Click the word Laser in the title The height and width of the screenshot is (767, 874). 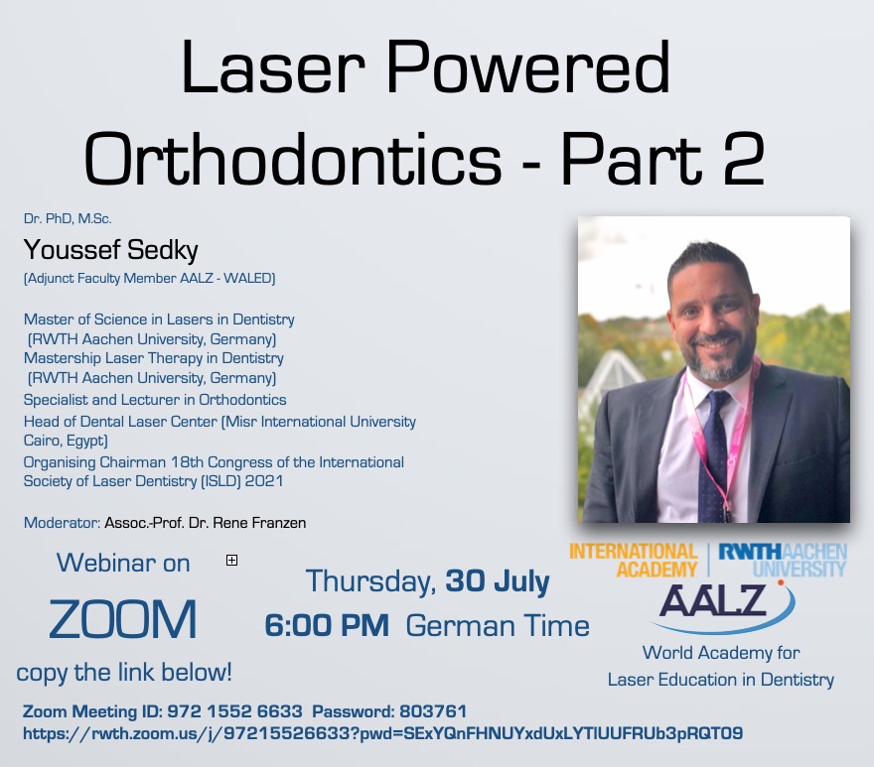click(x=272, y=67)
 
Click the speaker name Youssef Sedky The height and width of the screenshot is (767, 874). click(x=110, y=249)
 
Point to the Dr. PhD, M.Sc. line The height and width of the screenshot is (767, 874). click(x=68, y=218)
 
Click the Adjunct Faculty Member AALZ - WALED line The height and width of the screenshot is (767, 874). click(x=149, y=278)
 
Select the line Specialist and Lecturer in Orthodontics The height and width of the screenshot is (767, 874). click(x=155, y=399)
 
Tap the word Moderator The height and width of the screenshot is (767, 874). click(x=62, y=523)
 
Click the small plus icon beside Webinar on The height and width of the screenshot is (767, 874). click(x=231, y=560)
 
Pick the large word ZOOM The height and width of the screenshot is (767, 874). click(x=122, y=619)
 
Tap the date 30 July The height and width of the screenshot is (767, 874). click(x=498, y=581)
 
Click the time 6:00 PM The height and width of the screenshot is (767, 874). click(x=327, y=625)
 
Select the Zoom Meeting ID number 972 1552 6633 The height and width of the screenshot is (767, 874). click(x=234, y=711)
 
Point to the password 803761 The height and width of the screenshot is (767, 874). click(x=433, y=711)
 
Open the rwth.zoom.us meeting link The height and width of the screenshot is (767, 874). click(x=383, y=733)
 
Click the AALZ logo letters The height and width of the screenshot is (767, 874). click(x=713, y=600)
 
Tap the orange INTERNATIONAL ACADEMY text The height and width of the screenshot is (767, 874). click(x=634, y=561)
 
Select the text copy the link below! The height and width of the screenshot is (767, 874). click(x=124, y=673)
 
